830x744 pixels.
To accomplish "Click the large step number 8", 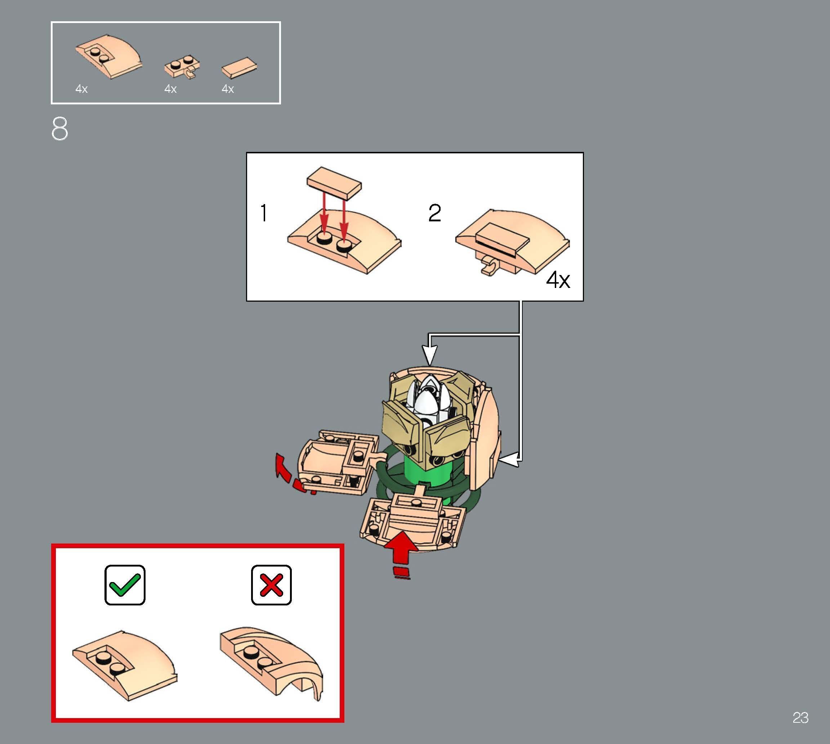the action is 60,129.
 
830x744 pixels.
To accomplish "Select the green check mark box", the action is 125,585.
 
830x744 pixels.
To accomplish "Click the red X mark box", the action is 271,585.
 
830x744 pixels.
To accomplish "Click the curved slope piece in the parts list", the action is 109,60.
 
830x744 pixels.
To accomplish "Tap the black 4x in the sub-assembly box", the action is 558,280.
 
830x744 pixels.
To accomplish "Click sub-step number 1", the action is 264,213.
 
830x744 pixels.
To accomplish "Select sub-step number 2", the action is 434,213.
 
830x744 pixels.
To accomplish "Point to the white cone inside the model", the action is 426,403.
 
